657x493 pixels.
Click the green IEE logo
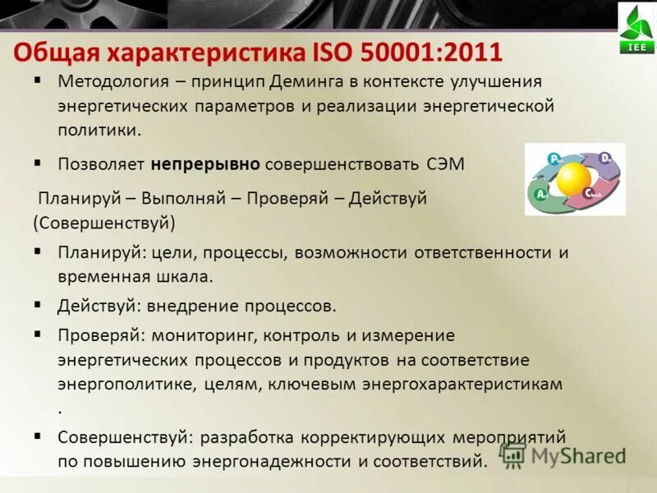[636, 29]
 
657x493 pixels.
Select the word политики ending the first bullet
[98, 130]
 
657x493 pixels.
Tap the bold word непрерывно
[205, 164]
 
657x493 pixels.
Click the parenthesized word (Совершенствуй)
[105, 222]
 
